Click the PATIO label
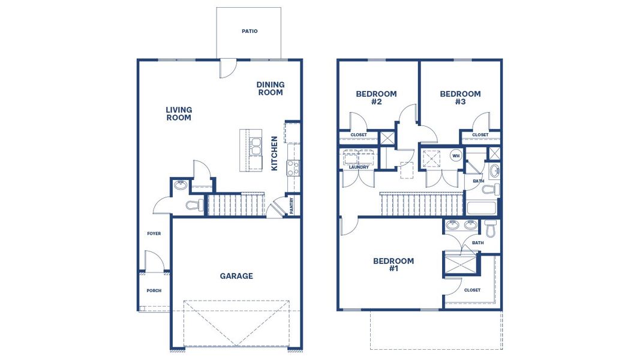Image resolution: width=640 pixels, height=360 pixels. tap(250, 31)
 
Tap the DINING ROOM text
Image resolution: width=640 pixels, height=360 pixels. tap(270, 89)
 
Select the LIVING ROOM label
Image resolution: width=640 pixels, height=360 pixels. tap(179, 114)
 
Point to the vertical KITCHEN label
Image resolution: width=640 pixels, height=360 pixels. tap(275, 153)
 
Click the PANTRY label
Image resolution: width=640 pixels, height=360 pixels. tap(292, 206)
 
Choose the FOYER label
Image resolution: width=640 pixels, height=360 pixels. tap(154, 233)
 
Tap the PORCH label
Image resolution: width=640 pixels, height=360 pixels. tap(154, 290)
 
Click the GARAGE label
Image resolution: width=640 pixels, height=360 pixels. tap(236, 276)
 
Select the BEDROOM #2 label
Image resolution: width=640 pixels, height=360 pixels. tap(376, 98)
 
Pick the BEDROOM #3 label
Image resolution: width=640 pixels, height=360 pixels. tap(460, 98)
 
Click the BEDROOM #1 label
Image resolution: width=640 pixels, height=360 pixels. tap(393, 265)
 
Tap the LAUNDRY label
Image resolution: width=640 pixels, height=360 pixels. tap(359, 167)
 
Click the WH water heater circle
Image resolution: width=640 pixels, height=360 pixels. tap(456, 155)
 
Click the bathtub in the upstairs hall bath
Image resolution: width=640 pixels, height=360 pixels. tap(482, 209)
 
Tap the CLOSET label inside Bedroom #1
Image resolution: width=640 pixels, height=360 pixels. tap(472, 290)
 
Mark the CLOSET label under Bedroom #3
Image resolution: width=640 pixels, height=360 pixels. tap(480, 135)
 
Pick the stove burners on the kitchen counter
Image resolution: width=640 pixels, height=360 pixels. tap(293, 167)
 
